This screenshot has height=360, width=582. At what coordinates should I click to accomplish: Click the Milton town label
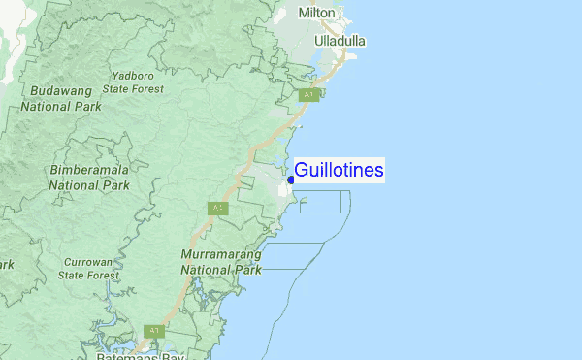pos(317,13)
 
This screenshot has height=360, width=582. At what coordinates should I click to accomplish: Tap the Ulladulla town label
pos(340,41)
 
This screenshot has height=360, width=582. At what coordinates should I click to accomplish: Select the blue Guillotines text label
pos(339,171)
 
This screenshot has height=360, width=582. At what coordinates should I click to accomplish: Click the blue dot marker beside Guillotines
pos(291,180)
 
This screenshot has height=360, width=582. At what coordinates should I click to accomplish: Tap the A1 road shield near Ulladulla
pos(309,95)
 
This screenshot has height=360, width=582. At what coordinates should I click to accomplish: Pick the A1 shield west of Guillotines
pos(218,208)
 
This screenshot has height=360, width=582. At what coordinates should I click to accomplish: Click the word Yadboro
pos(134,75)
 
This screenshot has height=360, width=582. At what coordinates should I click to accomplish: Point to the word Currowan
pos(88,262)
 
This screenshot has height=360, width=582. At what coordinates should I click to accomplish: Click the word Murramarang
pos(222,254)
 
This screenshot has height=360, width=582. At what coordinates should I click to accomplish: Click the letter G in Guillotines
pos(302,171)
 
